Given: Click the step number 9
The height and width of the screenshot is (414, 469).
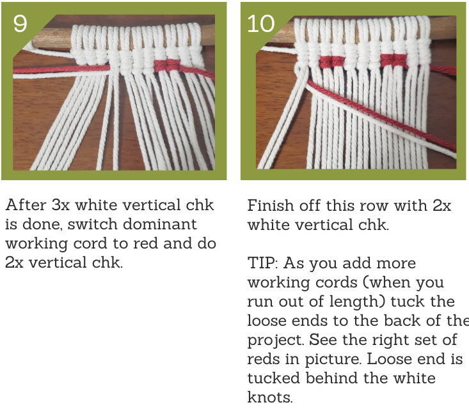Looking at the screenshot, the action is coord(20,24).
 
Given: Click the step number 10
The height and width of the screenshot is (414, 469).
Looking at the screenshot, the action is coord(261,24).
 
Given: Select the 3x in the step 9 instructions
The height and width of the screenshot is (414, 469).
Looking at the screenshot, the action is coord(60,205).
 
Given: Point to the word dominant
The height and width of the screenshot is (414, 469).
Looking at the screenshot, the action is coord(160,224).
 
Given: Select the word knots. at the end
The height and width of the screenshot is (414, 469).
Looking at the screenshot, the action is coord(270,397).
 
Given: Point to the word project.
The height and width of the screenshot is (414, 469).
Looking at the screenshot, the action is coord(276,341).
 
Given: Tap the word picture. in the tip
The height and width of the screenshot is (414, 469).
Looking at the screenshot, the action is coord(333,359).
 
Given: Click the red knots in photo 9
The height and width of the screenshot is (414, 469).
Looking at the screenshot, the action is coord(167,65).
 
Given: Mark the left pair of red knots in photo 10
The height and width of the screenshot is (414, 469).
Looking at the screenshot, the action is coord(331,61).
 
